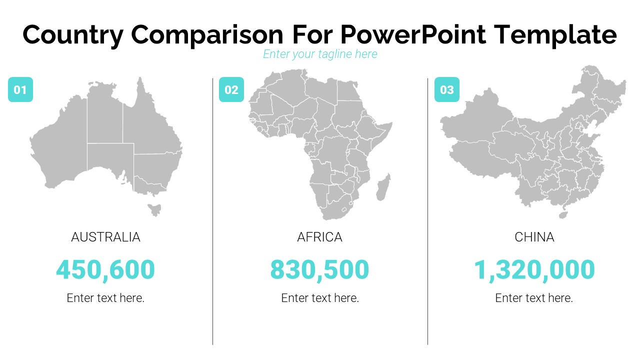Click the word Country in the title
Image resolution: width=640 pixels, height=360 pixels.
click(72, 35)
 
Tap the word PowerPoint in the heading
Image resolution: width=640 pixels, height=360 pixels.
click(412, 35)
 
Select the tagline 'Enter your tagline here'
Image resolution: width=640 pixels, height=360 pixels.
click(320, 54)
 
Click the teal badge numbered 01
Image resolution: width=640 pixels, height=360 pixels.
click(20, 90)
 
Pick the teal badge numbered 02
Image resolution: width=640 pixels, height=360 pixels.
click(231, 90)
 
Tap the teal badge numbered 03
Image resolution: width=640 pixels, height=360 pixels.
click(446, 90)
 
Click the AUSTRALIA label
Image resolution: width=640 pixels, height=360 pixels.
click(105, 237)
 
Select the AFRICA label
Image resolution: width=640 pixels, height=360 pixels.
click(320, 237)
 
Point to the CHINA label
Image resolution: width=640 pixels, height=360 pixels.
click(534, 237)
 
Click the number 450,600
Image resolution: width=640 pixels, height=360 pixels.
click(105, 269)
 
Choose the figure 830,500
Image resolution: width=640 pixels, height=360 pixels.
click(320, 269)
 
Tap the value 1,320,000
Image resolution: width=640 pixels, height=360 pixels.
click(534, 269)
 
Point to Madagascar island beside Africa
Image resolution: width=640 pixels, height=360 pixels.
click(383, 187)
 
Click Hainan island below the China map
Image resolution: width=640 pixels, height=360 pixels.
click(563, 215)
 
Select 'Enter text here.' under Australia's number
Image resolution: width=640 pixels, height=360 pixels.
click(105, 298)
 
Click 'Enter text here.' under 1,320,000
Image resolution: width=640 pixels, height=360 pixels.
click(534, 298)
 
